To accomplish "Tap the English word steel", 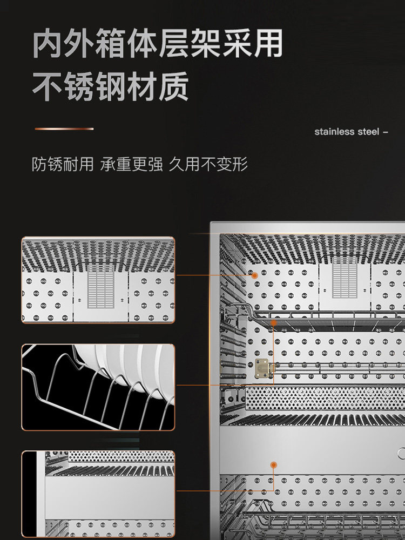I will [x=369, y=132].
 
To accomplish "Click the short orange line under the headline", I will [x=64, y=129].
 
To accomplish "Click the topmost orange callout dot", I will [x=254, y=275].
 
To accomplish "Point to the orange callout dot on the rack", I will [x=274, y=322].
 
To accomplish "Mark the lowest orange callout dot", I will [x=273, y=464].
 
